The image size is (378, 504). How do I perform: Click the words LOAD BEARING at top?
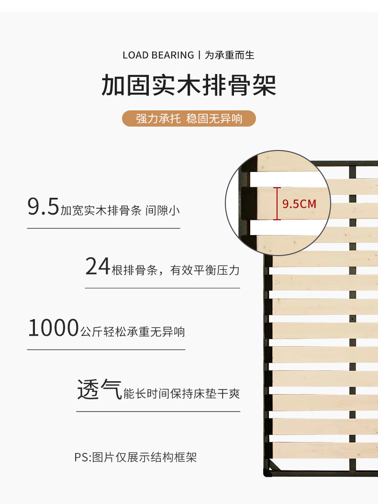pos(158,55)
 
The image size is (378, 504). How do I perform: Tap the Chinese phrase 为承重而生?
pos(230,55)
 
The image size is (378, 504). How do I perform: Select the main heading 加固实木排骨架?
pos(189,86)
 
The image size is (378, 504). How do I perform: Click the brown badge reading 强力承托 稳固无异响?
pos(189,118)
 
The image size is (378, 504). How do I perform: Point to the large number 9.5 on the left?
pos(43,207)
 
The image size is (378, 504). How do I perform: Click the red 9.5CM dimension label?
pos(300,204)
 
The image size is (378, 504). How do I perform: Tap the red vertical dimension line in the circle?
pos(277,204)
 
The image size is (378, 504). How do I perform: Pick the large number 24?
pos(98,267)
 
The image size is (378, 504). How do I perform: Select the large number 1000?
pos(53,329)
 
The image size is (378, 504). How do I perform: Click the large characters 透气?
pos(99,390)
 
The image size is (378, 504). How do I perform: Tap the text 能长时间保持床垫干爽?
pos(181,394)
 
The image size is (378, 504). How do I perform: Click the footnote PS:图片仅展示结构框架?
pos(135,457)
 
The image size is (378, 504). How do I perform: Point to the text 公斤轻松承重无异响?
pos(133,332)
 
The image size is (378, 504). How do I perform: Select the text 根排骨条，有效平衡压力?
pos(175,270)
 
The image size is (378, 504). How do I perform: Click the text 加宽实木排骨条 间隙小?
pos(120,210)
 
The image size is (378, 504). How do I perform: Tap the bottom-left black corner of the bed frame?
pos(267,473)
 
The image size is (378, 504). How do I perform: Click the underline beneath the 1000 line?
pos(106,349)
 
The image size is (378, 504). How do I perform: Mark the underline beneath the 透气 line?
pos(158,411)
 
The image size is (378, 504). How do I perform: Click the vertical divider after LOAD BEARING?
pos(199,55)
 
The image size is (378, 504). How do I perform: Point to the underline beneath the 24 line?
pos(162,288)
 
